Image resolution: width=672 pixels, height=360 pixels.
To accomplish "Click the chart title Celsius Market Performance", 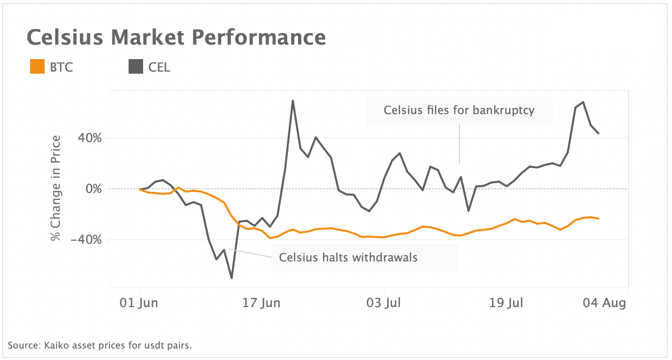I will tap(176, 38).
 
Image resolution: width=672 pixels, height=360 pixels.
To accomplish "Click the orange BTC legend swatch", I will tap(37, 67).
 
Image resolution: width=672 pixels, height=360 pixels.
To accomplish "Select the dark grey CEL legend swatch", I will tap(136, 67).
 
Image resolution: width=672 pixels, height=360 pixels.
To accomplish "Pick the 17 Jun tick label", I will tap(262, 303).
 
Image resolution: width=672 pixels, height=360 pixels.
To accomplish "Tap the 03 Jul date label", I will tap(384, 303).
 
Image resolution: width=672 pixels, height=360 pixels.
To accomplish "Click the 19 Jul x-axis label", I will tap(506, 303).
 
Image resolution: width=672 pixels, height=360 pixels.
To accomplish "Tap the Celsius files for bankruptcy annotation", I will tap(459, 110).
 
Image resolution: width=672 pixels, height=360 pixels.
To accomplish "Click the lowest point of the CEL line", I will tap(231, 278).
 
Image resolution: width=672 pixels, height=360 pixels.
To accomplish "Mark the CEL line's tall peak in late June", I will tap(293, 101).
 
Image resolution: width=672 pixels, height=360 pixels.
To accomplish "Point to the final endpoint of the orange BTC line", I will tap(599, 218).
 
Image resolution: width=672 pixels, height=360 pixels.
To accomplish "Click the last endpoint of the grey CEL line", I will tap(599, 133).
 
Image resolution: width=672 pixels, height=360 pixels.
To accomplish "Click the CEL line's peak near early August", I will tap(583, 102).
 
